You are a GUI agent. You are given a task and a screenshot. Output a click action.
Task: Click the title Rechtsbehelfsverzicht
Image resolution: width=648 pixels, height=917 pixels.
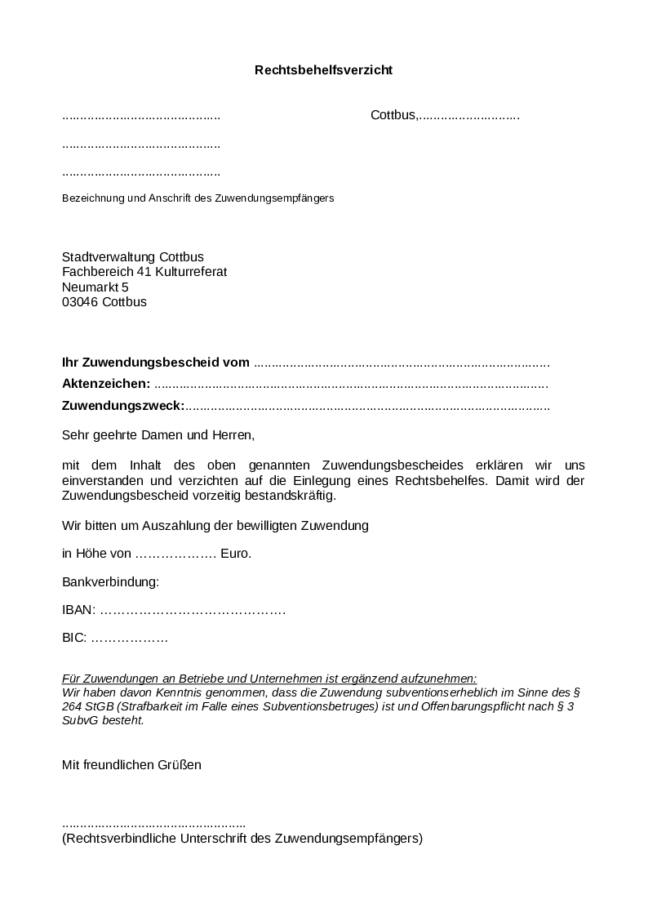[323, 70]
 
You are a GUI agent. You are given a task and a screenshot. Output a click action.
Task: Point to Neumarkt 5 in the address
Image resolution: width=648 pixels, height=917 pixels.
[95, 287]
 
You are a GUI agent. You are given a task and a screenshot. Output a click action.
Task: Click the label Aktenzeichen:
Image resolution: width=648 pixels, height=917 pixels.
[106, 384]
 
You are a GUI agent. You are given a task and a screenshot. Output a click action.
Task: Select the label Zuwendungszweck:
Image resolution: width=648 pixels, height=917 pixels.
[124, 406]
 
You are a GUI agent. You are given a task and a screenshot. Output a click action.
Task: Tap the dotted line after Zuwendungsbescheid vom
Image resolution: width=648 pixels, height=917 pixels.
[402, 363]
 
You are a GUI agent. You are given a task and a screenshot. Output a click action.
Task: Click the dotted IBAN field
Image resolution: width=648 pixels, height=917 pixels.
[193, 611]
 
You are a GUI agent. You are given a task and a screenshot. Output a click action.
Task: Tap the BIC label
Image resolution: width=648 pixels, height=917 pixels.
[73, 639]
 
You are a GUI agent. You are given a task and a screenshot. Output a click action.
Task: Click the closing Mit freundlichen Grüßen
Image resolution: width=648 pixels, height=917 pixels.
[131, 765]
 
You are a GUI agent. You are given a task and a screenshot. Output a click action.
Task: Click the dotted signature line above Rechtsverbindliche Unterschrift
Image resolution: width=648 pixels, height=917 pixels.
[153, 825]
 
